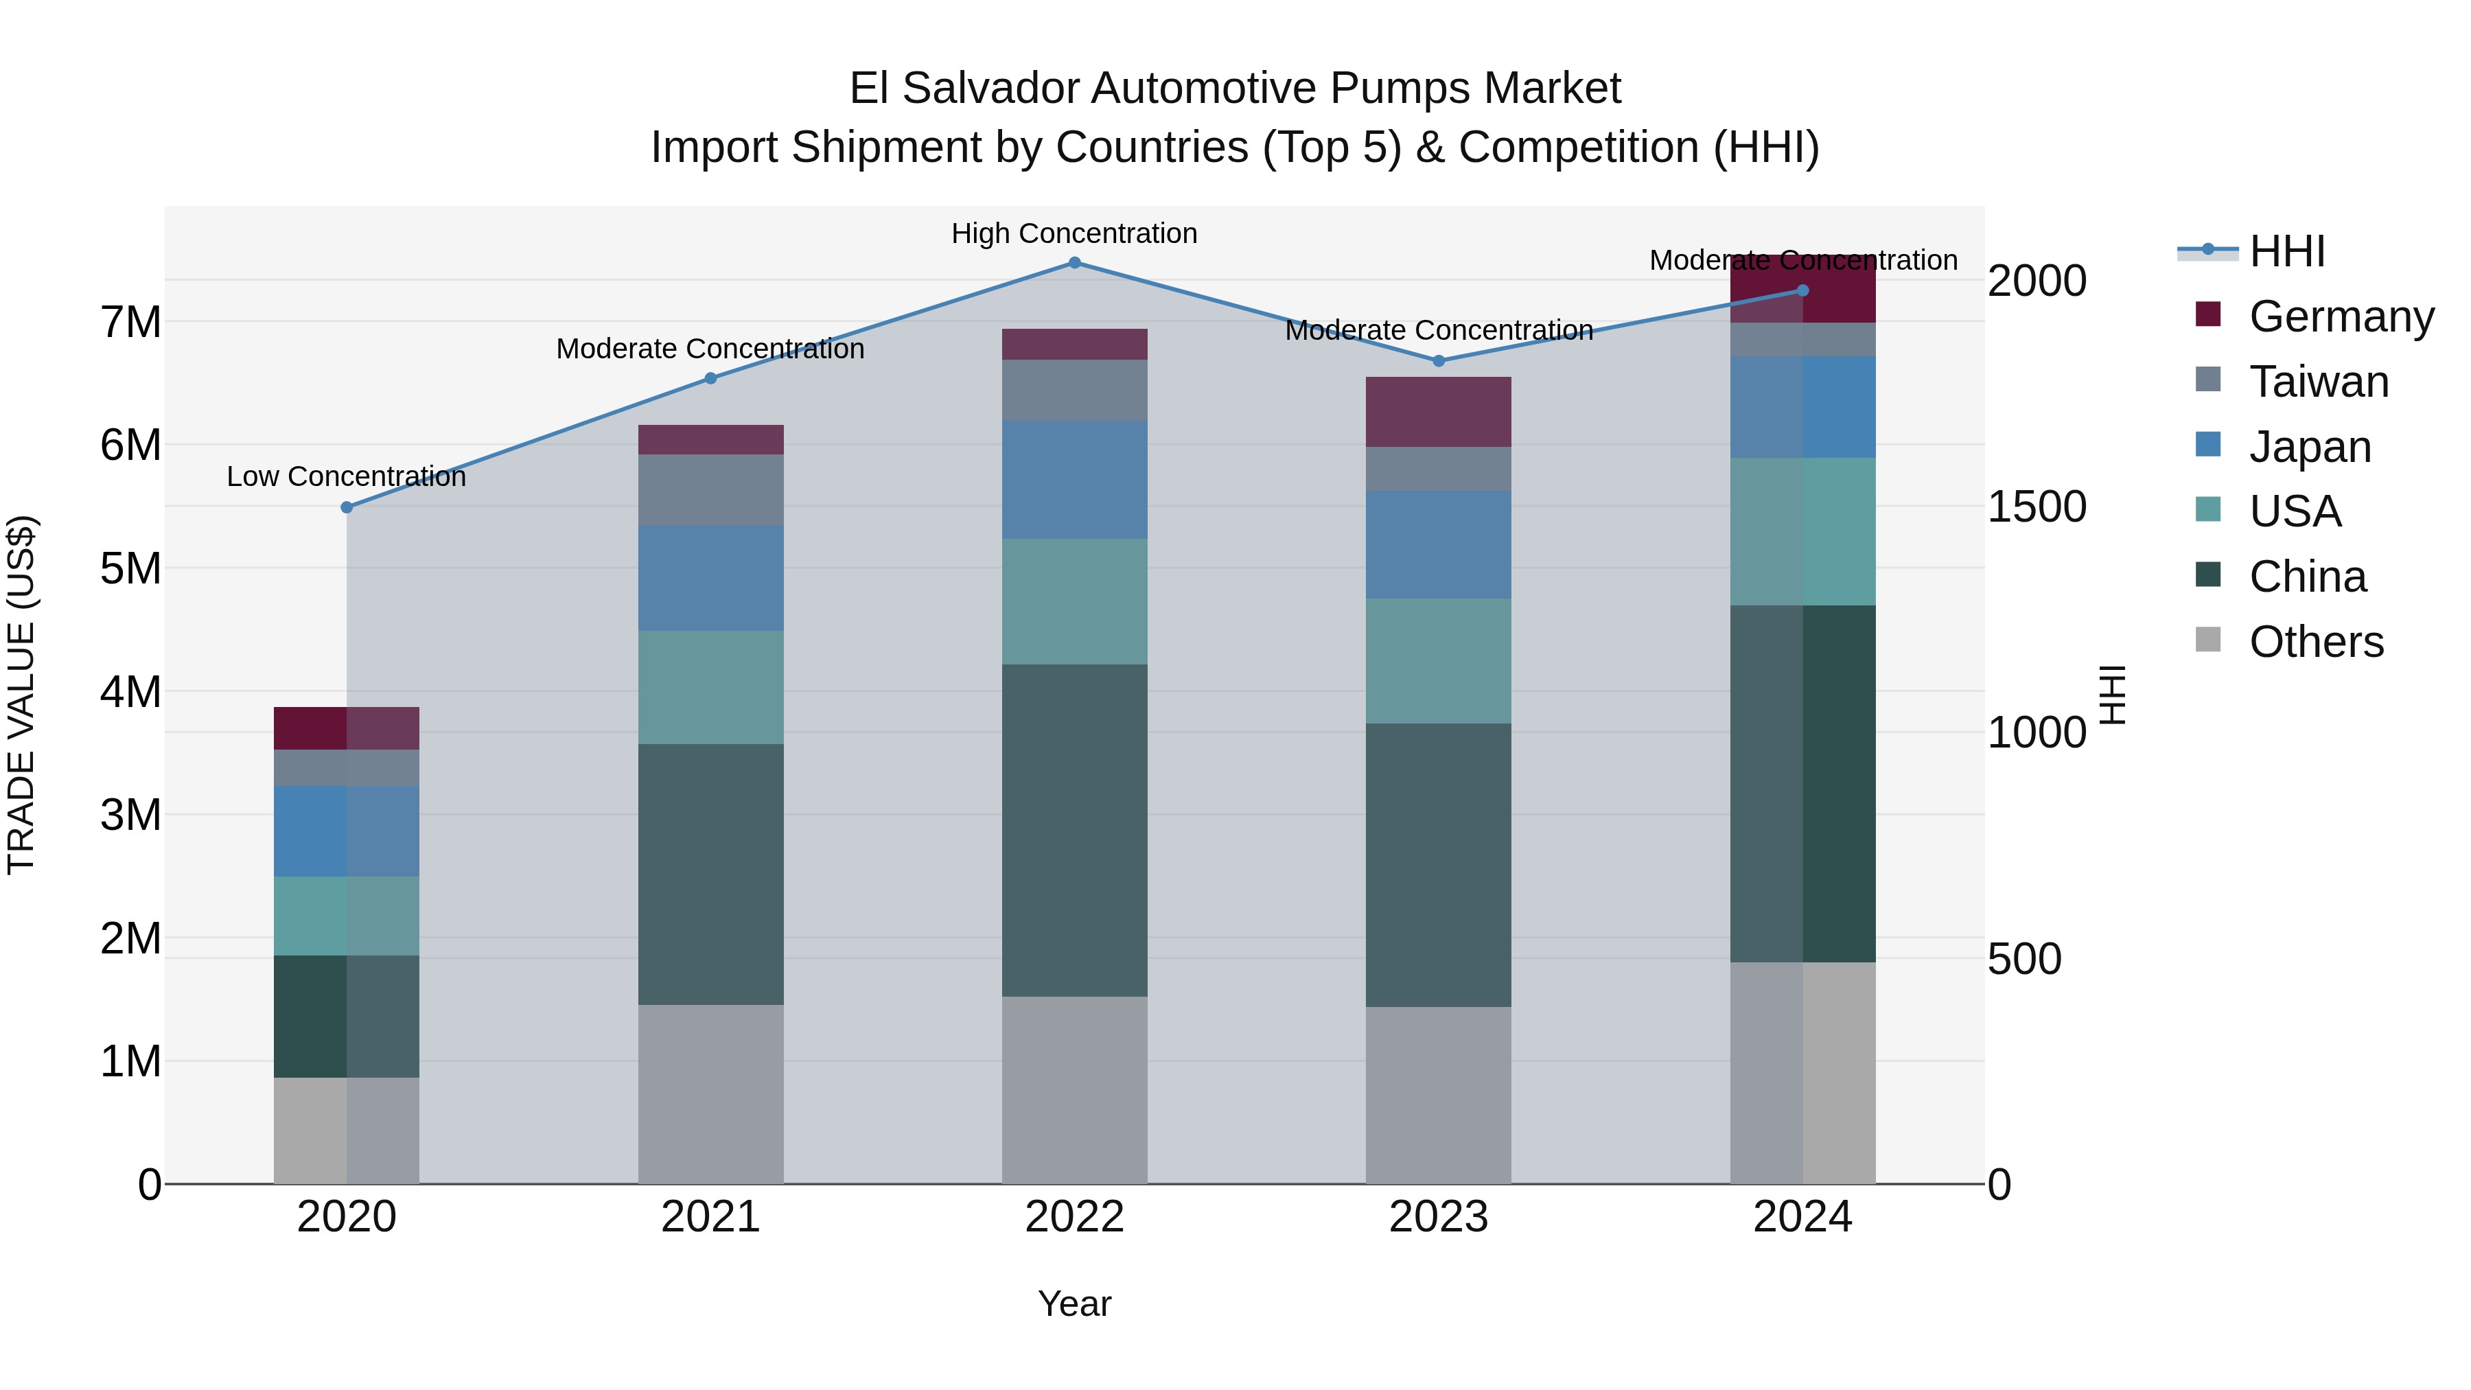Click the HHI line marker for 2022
point(1074,263)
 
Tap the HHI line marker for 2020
point(347,507)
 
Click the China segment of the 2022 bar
point(1074,830)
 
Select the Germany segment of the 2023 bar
point(1438,412)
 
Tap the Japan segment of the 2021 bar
point(711,579)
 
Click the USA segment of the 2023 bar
point(1438,661)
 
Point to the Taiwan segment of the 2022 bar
point(1074,391)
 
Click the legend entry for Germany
point(2341,316)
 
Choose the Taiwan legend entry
point(2319,382)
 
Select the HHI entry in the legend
point(2287,251)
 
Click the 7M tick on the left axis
point(130,323)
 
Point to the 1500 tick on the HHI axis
point(2037,507)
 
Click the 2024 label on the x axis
point(1802,1217)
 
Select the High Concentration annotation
point(1074,233)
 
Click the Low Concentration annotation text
point(347,477)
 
